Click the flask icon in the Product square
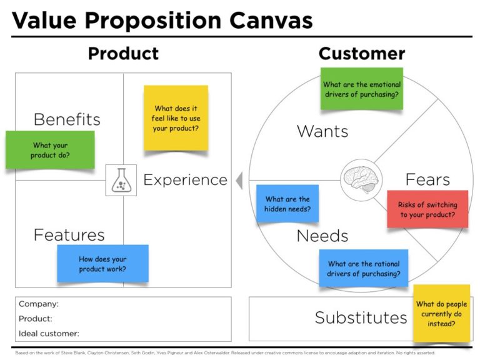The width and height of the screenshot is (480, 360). click(x=121, y=180)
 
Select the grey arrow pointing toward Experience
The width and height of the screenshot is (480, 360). click(x=239, y=181)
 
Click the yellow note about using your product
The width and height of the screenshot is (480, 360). click(x=176, y=117)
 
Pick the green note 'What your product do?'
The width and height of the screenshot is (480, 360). click(x=50, y=149)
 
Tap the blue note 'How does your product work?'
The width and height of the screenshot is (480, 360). click(x=102, y=263)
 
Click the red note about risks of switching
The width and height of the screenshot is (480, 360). click(x=427, y=209)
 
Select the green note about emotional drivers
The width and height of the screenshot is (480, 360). click(x=361, y=89)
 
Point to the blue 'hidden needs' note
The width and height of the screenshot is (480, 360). click(x=287, y=204)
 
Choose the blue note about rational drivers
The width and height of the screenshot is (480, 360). click(x=363, y=268)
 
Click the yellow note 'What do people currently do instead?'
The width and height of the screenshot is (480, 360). click(x=441, y=313)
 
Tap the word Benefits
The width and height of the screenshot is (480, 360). click(x=67, y=119)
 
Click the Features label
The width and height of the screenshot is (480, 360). click(x=69, y=235)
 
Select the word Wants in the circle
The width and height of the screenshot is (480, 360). click(x=322, y=131)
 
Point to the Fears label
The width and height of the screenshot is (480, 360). click(x=427, y=179)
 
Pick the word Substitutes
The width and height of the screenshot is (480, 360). click(x=361, y=317)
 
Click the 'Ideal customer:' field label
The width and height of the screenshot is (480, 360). click(x=49, y=333)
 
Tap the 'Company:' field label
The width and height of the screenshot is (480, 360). click(x=39, y=304)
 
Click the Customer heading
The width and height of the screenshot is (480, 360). click(x=361, y=54)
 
